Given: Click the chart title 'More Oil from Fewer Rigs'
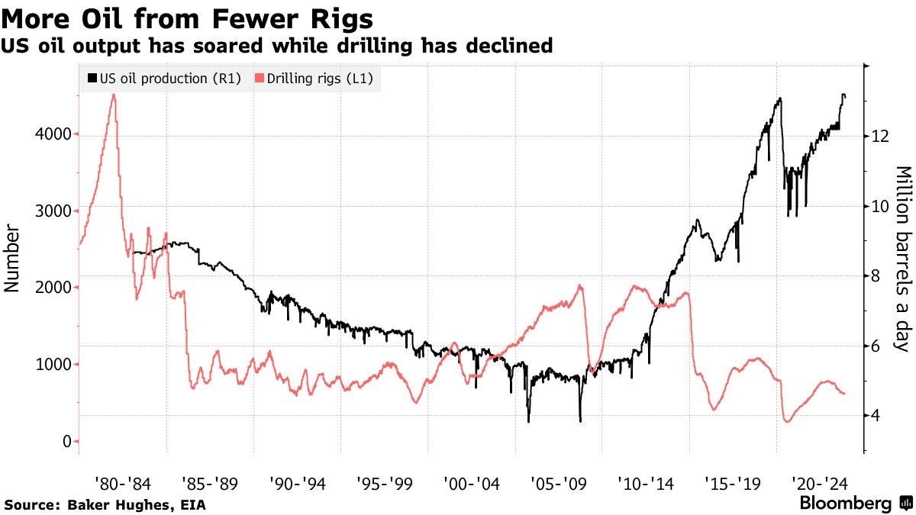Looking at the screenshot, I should (x=187, y=18).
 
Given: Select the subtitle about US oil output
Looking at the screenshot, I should (x=276, y=46).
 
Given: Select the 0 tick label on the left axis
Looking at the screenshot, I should (x=67, y=442).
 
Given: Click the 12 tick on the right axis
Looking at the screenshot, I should (x=879, y=136).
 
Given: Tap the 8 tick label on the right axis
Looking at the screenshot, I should (x=876, y=276).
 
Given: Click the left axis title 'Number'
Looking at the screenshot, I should (x=11, y=259).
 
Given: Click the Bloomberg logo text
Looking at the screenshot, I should (x=845, y=504).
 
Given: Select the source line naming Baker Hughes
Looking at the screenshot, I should (x=105, y=504).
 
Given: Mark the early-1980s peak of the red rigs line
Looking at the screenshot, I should (x=114, y=95).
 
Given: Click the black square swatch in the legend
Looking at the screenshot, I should (x=93, y=79).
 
